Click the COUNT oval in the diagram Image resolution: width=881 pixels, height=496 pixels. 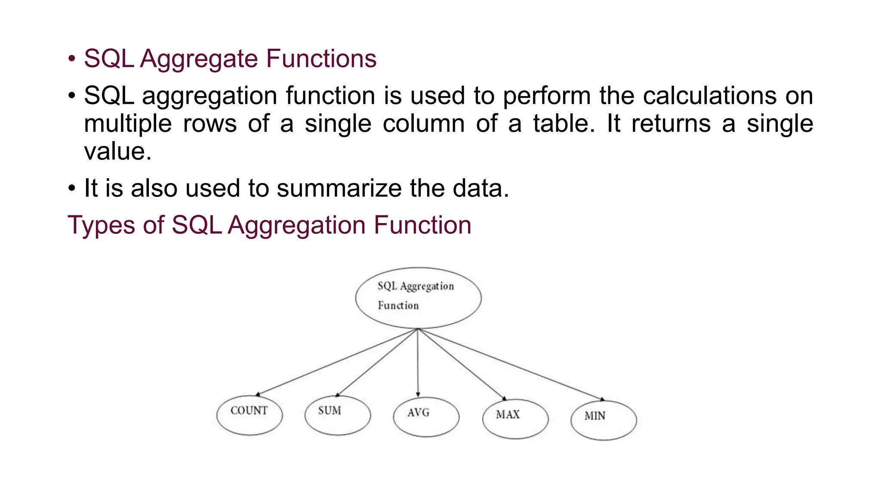coord(250,415)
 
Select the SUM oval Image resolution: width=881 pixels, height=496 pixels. coord(338,415)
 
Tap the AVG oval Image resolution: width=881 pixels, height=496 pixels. coord(426,417)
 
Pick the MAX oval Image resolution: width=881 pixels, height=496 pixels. coord(515,419)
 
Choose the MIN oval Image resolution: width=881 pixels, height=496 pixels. coord(604,420)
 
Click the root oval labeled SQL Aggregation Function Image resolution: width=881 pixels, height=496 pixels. coord(418,298)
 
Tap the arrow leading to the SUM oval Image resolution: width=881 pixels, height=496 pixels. coord(377,362)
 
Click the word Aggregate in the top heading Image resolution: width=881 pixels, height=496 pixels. coord(199,59)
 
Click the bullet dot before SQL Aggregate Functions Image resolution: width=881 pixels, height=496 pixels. coord(72,59)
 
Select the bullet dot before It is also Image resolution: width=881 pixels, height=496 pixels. coord(72,188)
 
